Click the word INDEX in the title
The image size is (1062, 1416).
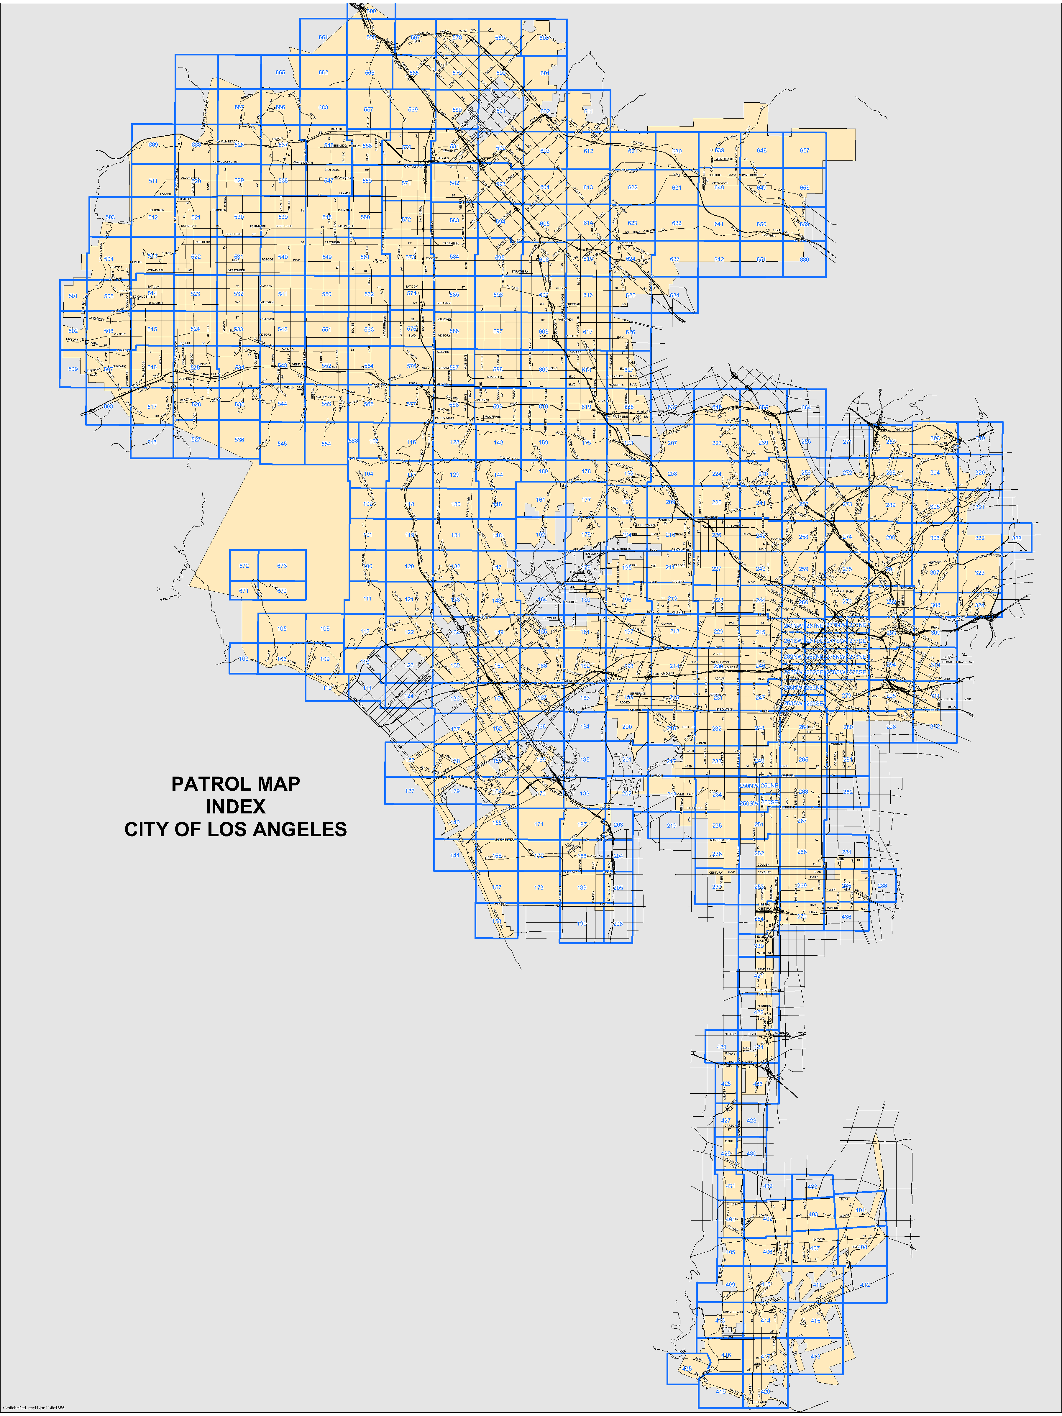236,807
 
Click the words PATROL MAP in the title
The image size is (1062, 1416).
236,784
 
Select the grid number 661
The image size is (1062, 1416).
323,38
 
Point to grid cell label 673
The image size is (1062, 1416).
282,566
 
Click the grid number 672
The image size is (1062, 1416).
244,566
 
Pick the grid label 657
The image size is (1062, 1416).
805,150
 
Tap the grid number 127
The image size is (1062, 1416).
410,791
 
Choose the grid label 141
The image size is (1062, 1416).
454,855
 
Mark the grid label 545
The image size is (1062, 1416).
282,444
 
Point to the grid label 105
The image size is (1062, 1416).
282,629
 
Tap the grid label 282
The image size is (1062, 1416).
848,792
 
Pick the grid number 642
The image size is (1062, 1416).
719,259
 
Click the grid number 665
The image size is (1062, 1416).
280,72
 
